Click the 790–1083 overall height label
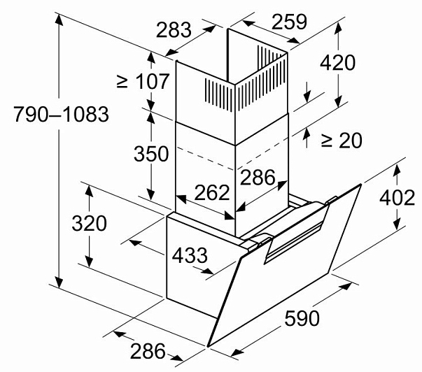[x=61, y=114]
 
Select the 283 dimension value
[x=174, y=29]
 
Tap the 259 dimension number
[x=289, y=22]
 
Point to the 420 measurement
[x=337, y=63]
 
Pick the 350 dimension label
[x=151, y=154]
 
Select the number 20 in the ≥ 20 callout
[x=351, y=140]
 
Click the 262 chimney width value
[x=212, y=192]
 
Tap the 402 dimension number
[x=397, y=198]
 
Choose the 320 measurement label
[x=89, y=223]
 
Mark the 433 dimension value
[x=190, y=255]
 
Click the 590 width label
[x=302, y=318]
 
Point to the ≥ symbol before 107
[x=122, y=82]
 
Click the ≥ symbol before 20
[x=327, y=141]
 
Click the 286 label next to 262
[x=258, y=177]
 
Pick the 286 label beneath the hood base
[x=148, y=351]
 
